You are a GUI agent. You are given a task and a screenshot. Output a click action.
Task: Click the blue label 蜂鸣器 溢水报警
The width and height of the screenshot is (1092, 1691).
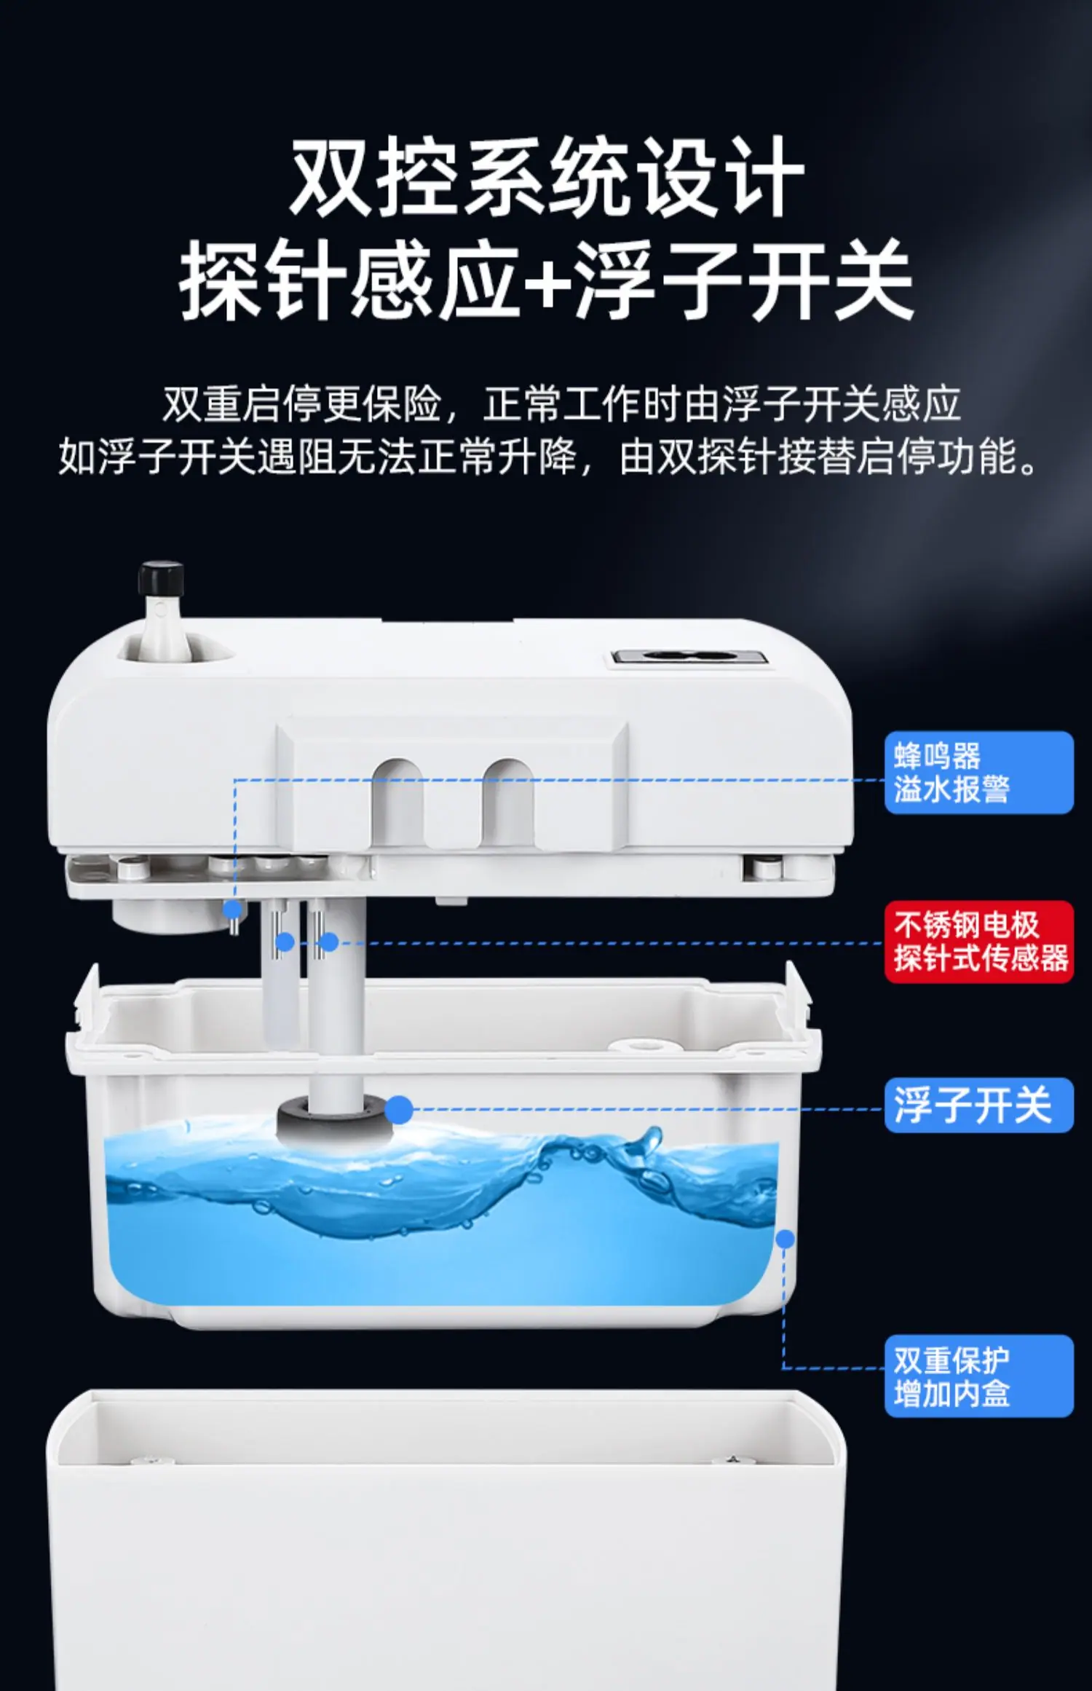click(x=978, y=773)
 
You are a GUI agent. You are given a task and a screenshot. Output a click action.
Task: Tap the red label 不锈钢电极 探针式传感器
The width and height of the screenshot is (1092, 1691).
click(x=978, y=942)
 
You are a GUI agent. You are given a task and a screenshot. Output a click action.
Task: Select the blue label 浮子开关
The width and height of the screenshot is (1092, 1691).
click(x=978, y=1105)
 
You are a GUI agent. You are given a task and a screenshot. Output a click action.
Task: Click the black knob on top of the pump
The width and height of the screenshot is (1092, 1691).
click(x=161, y=579)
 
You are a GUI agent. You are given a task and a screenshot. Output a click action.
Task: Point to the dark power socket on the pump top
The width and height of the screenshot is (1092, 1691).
click(x=689, y=657)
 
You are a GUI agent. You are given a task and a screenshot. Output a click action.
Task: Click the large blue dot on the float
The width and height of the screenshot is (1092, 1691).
click(x=398, y=1110)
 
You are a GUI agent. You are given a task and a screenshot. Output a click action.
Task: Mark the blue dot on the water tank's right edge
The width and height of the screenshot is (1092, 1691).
click(x=785, y=1238)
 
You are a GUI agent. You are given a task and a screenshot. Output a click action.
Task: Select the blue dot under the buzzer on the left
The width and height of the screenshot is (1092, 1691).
click(x=232, y=909)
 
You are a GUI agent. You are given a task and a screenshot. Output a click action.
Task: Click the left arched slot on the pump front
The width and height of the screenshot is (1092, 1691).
click(x=397, y=803)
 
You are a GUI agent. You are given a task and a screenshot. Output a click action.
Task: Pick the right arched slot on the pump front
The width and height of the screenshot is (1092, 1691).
click(x=508, y=803)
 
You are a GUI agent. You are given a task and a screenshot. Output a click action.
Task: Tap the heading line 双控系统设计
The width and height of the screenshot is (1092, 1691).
click(x=547, y=177)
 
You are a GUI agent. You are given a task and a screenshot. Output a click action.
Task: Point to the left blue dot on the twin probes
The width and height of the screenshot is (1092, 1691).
click(x=285, y=942)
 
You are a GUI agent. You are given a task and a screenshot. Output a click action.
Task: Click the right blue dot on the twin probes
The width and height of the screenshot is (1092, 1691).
click(x=329, y=942)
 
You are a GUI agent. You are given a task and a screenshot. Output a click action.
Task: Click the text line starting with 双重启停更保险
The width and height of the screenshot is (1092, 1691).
click(x=561, y=403)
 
